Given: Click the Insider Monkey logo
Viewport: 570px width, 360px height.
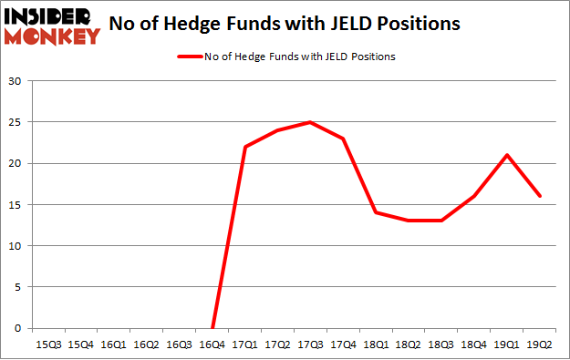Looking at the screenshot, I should (x=52, y=26).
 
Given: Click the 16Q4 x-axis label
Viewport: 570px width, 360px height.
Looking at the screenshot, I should (x=212, y=345).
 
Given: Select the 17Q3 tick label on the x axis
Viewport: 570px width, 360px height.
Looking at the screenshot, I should (x=310, y=345).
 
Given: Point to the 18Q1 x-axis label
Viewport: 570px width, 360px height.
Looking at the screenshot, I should (x=376, y=345).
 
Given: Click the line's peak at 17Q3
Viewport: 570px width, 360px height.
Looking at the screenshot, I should (x=310, y=122).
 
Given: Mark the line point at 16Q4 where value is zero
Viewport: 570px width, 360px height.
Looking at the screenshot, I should (x=212, y=328).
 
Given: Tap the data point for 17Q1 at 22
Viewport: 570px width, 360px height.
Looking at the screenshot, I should (x=244, y=147).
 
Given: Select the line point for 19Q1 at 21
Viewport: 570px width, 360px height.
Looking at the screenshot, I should (x=507, y=155).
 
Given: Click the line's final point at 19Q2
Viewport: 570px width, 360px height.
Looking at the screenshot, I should (x=540, y=196).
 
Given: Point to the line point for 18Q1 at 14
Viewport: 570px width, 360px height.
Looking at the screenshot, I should (x=376, y=212).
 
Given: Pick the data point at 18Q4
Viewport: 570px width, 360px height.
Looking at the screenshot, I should (x=474, y=196).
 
